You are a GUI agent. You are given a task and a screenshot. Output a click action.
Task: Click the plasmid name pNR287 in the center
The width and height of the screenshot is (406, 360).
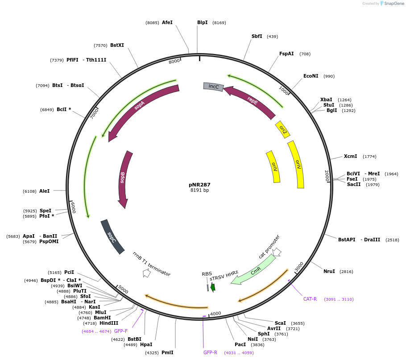199,185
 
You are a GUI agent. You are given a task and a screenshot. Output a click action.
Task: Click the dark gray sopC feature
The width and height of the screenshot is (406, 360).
112,236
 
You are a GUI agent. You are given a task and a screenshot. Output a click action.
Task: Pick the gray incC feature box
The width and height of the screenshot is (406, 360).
213,87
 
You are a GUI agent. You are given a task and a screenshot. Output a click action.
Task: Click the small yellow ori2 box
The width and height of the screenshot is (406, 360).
282,129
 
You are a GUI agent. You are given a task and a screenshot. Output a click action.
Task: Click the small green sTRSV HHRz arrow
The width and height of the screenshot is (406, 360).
213,287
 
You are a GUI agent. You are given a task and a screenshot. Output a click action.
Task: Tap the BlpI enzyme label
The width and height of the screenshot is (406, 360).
202,22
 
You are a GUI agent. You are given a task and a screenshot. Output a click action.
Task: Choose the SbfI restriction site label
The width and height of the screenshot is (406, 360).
257,36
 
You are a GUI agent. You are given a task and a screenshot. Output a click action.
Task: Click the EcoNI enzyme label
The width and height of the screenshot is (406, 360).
311,76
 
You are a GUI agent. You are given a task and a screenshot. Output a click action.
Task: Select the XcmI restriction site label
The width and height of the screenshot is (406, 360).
350,156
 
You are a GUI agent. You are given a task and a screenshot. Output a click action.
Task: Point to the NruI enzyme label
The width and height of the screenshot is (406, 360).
329,271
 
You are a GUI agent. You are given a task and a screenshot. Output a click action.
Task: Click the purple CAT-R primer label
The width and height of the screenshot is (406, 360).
310,299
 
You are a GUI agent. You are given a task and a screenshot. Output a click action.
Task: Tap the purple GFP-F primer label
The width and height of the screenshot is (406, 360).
121,331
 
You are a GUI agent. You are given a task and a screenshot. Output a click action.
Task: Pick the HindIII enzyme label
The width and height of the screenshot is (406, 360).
109,323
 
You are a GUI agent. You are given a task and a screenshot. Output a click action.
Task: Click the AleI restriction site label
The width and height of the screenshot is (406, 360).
44,191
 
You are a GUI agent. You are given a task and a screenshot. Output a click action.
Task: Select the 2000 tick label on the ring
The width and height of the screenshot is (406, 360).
327,175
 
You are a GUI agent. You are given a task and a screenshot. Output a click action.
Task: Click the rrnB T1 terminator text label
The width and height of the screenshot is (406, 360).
151,264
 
